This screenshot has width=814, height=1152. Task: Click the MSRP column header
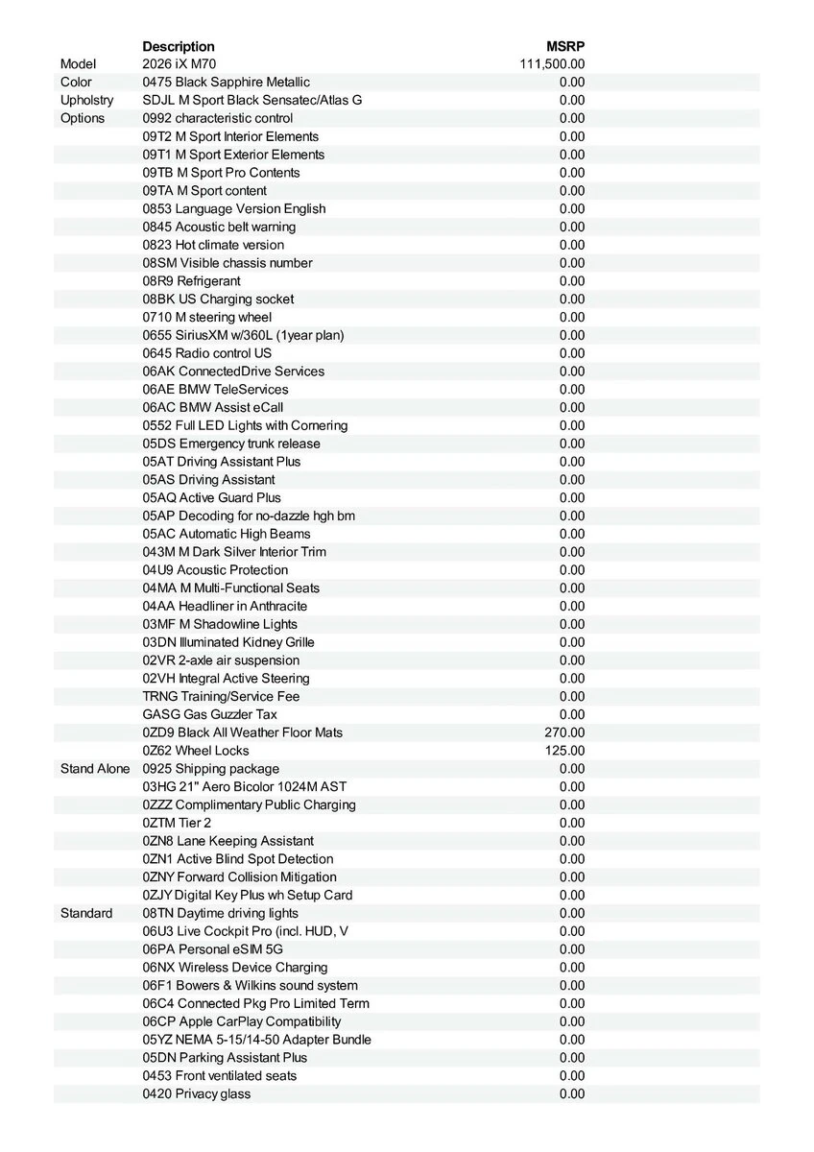coord(565,46)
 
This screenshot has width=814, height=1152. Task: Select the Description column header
coord(179,46)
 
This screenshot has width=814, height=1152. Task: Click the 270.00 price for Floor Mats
coord(564,732)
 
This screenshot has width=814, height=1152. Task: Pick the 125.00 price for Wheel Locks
coord(564,751)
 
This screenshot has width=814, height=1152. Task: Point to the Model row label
coord(79,64)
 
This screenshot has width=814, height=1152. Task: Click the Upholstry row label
coord(86,100)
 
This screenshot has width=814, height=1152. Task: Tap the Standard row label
coord(86,913)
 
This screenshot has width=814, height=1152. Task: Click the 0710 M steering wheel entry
coord(207,317)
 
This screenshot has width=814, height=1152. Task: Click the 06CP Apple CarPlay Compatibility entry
coord(242,1021)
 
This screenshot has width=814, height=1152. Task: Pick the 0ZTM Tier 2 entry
coord(177,823)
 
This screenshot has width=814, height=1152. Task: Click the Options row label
coord(83,118)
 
